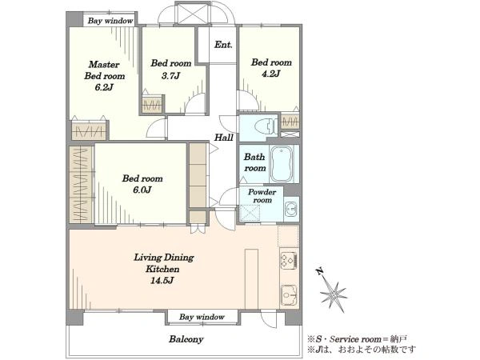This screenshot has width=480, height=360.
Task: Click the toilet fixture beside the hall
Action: [x=264, y=126]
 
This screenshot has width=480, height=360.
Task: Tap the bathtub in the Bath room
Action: [x=282, y=164]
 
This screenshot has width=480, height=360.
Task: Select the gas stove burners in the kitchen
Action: [x=289, y=261]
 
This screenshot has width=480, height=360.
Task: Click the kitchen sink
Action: [x=289, y=294]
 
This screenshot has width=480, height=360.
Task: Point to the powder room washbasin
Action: [x=291, y=210]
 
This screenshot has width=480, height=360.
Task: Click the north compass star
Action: [x=334, y=294]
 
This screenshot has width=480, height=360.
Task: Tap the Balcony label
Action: [x=186, y=339]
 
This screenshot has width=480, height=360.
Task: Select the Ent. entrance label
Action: [x=223, y=45]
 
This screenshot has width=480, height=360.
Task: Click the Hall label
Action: [x=224, y=138]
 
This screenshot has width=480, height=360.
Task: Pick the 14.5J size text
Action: [x=162, y=281]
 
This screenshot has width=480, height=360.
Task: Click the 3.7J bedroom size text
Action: [x=171, y=75]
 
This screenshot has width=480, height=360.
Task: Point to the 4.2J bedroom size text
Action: [x=271, y=74]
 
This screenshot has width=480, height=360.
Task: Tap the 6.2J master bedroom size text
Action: [x=104, y=87]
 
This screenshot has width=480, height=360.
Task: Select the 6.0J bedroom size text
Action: [x=142, y=190]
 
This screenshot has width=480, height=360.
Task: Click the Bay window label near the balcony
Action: [x=202, y=317]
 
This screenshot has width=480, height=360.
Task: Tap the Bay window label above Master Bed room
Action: [x=110, y=21]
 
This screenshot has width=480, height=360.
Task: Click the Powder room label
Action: [x=262, y=196]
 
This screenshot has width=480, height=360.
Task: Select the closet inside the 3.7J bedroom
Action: [x=152, y=104]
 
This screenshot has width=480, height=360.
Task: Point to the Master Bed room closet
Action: [x=89, y=130]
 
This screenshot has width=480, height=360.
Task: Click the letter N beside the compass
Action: [x=319, y=271]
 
